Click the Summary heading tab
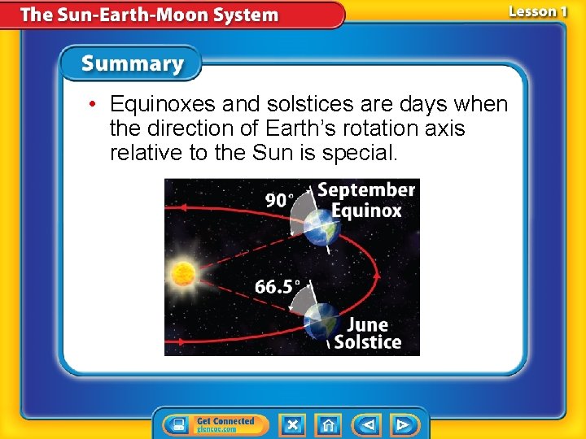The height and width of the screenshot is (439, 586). point(133,63)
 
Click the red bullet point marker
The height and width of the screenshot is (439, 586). point(95,105)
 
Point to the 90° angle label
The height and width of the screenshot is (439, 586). point(280,200)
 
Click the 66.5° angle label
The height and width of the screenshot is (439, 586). point(278,287)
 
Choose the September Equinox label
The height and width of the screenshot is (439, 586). point(365,200)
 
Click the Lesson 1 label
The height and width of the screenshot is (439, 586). point(537,11)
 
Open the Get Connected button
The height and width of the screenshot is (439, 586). point(211,424)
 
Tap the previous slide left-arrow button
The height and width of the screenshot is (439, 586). point(368,424)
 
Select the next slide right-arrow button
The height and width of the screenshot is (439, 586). point(403,424)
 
